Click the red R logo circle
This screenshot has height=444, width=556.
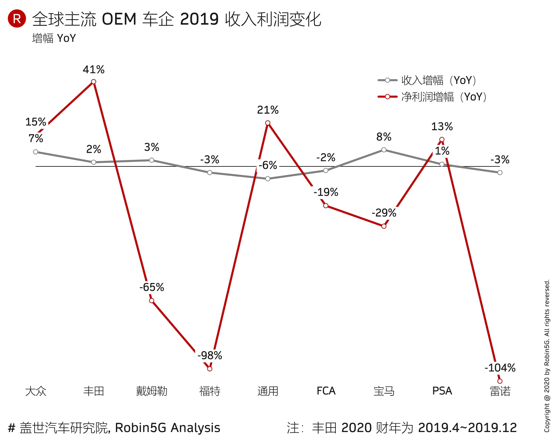click(x=17, y=18)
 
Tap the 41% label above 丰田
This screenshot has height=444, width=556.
click(x=94, y=69)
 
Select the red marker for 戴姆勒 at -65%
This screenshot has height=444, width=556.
click(x=152, y=301)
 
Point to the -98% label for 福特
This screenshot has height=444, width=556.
click(x=210, y=355)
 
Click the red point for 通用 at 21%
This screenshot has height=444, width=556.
click(x=268, y=123)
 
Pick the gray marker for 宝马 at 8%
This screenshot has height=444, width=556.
click(x=384, y=150)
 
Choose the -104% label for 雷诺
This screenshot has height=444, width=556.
click(x=500, y=368)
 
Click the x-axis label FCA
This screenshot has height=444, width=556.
click(x=326, y=391)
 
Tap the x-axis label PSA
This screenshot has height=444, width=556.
click(x=442, y=391)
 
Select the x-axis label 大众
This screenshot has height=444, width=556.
click(x=36, y=391)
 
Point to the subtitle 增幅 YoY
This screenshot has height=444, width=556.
click(x=54, y=38)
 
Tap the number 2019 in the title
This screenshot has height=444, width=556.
click(x=200, y=19)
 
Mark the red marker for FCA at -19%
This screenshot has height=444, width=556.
click(x=326, y=206)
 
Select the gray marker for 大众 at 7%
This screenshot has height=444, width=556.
click(x=36, y=152)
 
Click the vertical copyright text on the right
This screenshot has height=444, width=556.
click(x=547, y=355)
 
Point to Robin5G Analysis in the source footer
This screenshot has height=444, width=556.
click(x=168, y=428)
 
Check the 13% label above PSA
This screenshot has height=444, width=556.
click(x=442, y=127)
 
